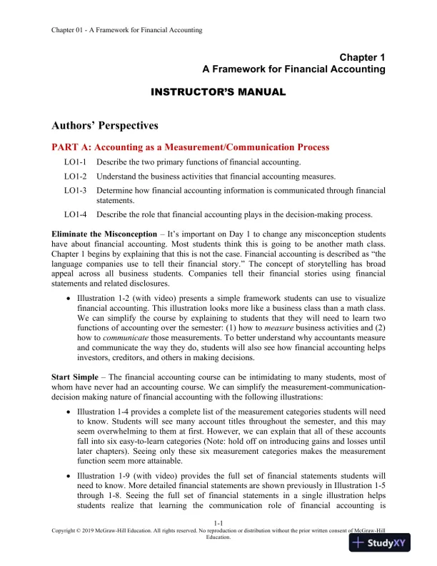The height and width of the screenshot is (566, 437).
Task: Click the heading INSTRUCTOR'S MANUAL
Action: (x=218, y=92)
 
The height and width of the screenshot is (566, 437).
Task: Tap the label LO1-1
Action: (x=75, y=163)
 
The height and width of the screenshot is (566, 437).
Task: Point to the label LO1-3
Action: (x=75, y=191)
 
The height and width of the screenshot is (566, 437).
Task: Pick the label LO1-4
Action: (x=75, y=214)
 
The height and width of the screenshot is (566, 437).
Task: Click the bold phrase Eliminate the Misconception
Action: (x=103, y=234)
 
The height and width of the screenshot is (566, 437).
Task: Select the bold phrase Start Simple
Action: (x=76, y=375)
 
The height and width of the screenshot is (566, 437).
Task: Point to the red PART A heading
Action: (x=191, y=147)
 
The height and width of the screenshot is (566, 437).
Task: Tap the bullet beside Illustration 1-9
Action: (x=68, y=475)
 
